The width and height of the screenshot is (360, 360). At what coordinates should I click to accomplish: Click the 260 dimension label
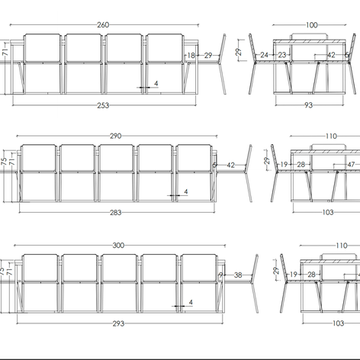103,25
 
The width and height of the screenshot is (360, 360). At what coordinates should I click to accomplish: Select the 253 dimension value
103,105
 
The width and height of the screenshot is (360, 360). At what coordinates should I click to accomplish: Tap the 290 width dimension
116,136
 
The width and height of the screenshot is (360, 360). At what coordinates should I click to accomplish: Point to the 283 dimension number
116,213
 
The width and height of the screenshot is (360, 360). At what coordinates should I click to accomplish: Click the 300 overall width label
118,246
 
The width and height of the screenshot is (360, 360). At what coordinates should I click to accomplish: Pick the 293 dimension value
118,323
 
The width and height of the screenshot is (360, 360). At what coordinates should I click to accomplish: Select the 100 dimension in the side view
312,25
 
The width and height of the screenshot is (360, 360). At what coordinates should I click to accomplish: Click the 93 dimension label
308,105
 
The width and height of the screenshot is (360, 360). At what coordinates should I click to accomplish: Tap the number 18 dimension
191,55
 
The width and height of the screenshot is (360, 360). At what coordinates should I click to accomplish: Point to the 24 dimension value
265,55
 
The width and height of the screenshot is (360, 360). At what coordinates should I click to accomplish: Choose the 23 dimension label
282,55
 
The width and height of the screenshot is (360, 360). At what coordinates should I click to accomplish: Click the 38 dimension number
238,275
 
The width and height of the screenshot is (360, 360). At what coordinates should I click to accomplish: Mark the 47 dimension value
351,165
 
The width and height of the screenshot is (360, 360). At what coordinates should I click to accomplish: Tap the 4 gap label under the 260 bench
156,83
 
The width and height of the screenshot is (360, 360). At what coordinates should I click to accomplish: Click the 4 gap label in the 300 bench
191,302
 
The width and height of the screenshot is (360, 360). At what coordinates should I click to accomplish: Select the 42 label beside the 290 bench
230,166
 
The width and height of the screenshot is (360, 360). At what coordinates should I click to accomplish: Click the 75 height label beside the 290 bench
5,161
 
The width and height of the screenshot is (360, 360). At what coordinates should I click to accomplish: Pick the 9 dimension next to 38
221,275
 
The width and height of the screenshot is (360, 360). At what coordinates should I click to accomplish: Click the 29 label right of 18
208,55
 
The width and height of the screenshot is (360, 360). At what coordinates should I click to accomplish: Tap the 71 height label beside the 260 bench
5,52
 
